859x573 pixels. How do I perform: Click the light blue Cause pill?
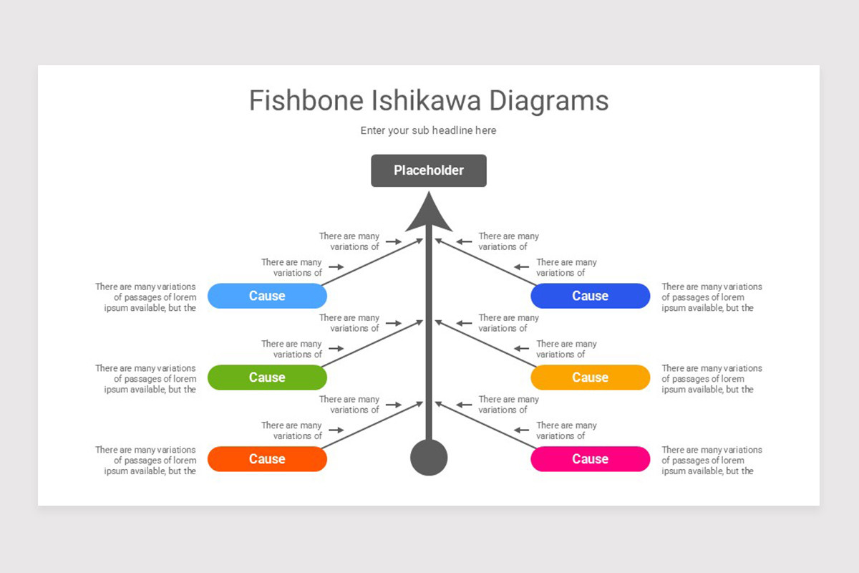click(267, 296)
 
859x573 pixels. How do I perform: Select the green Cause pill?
click(267, 377)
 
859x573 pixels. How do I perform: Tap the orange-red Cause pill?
click(267, 459)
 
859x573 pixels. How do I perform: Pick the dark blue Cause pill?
click(590, 296)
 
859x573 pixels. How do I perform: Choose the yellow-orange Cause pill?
click(590, 377)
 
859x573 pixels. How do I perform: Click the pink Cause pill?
click(590, 459)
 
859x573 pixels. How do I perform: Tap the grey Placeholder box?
click(428, 170)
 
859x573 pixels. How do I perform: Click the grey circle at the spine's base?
click(429, 458)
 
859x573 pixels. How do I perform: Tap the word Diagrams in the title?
click(548, 101)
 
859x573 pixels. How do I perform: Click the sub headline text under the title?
click(428, 130)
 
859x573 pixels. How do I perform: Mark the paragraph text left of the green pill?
click(146, 379)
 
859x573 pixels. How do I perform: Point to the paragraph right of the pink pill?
click(712, 461)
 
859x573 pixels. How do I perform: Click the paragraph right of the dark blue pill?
click(712, 297)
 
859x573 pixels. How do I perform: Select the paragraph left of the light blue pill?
click(146, 297)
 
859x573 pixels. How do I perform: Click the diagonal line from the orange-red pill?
click(372, 426)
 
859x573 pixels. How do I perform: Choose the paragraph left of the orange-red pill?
click(146, 461)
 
